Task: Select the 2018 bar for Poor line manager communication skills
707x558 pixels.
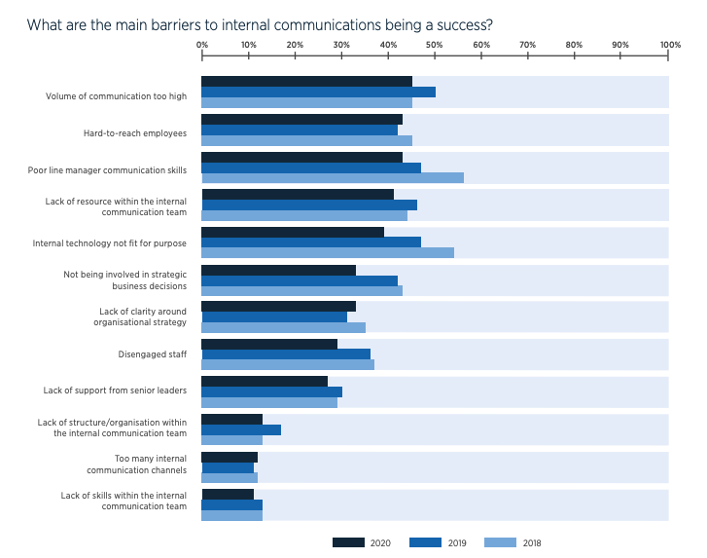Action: click(332, 177)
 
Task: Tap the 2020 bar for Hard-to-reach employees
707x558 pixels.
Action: click(301, 119)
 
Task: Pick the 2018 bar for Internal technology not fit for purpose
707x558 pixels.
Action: click(327, 252)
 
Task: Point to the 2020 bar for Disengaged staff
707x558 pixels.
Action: click(269, 344)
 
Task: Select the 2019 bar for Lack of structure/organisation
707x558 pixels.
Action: click(241, 429)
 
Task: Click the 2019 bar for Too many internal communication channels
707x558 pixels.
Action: click(228, 467)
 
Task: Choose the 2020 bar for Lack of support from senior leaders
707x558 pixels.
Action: click(265, 382)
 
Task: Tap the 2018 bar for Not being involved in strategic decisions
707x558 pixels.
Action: click(301, 290)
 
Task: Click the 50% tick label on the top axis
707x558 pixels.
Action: click(435, 44)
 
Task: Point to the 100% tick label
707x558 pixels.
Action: click(669, 44)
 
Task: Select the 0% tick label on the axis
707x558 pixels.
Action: click(201, 44)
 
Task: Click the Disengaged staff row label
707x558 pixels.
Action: click(152, 354)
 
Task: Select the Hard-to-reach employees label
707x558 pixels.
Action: click(135, 133)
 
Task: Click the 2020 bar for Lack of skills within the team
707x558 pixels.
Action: click(228, 494)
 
